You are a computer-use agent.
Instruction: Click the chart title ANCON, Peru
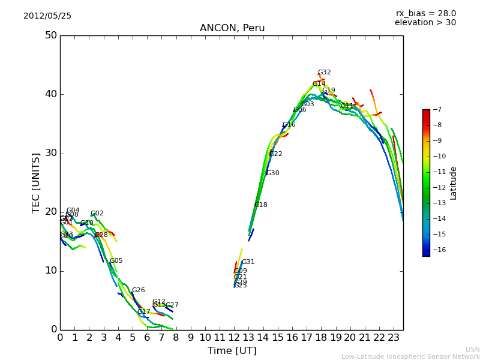(x=232, y=28)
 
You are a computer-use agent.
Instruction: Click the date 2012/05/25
(x=47, y=16)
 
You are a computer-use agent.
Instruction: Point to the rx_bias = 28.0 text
(x=425, y=14)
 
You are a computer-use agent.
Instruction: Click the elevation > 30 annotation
(x=425, y=23)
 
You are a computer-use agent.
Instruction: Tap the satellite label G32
(x=324, y=73)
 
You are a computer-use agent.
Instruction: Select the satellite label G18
(x=260, y=205)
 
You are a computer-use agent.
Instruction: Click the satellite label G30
(x=272, y=173)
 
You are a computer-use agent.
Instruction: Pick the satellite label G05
(x=116, y=261)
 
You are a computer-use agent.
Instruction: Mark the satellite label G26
(x=138, y=290)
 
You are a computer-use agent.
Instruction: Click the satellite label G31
(x=248, y=262)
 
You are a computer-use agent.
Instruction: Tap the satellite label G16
(x=289, y=125)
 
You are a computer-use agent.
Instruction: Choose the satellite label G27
(x=172, y=305)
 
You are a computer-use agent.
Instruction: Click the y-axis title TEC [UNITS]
(x=36, y=182)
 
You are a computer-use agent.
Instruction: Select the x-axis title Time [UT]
(x=232, y=351)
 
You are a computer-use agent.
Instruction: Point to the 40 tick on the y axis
(x=50, y=94)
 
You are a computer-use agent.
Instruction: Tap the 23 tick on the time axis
(x=394, y=338)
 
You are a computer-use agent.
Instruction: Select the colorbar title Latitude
(x=454, y=183)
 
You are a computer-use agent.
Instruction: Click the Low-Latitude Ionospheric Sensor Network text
(x=410, y=357)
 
